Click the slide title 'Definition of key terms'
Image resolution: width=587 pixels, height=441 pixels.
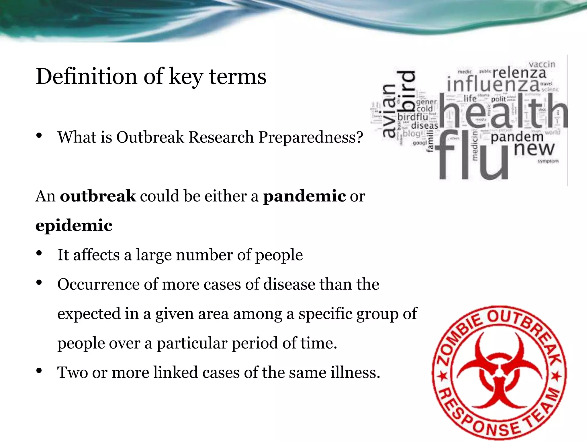[x=151, y=77]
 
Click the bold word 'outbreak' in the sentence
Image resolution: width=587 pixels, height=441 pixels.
[x=98, y=196]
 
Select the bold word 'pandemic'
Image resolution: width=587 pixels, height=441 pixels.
[x=304, y=196]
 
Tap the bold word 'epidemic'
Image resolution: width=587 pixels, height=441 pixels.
[x=74, y=225]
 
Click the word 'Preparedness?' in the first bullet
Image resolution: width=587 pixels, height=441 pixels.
[x=311, y=137]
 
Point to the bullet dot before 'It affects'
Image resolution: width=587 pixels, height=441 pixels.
[x=39, y=253]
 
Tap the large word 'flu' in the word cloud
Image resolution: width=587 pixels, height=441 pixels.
[x=471, y=156]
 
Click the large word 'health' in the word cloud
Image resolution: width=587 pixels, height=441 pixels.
[x=503, y=112]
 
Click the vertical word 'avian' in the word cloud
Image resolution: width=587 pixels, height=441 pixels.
[x=389, y=111]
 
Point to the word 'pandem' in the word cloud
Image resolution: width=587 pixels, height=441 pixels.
[x=517, y=137]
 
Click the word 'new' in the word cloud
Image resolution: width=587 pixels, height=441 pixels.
[x=534, y=149]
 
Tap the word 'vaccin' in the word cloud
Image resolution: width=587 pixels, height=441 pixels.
[x=542, y=64]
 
